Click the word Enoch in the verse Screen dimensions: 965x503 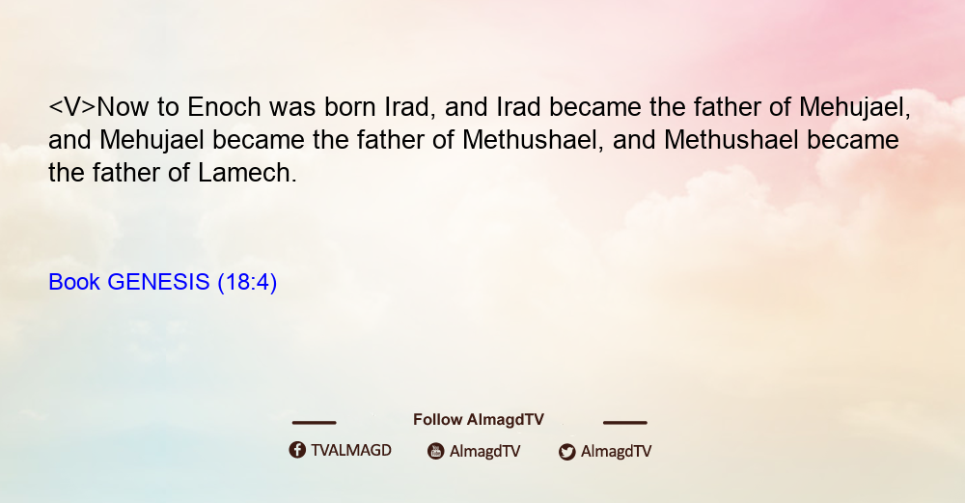pyautogui.click(x=224, y=107)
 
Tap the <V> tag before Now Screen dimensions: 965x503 pyautogui.click(x=72, y=107)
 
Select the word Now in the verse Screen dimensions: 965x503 pyautogui.click(x=123, y=107)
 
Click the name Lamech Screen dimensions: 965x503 pyautogui.click(x=247, y=173)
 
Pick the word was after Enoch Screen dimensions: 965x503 pyautogui.click(x=292, y=107)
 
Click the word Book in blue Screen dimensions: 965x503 pyautogui.click(x=74, y=282)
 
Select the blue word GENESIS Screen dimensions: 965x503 pyautogui.click(x=158, y=282)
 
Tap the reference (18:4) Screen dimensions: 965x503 pyautogui.click(x=247, y=282)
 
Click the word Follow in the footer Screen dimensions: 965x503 pyautogui.click(x=437, y=420)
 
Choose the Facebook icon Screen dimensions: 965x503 pyautogui.click(x=297, y=450)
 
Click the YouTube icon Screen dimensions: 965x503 pyautogui.click(x=436, y=451)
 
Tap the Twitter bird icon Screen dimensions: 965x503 pyautogui.click(x=566, y=452)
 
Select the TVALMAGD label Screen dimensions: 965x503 pyautogui.click(x=351, y=451)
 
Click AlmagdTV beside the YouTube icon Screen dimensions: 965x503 pyautogui.click(x=485, y=451)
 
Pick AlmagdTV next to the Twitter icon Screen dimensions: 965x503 pyautogui.click(x=616, y=451)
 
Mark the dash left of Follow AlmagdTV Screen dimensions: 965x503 pyautogui.click(x=314, y=423)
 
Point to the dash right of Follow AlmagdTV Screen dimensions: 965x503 pyautogui.click(x=625, y=423)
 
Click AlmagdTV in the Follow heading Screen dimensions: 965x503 pyautogui.click(x=506, y=420)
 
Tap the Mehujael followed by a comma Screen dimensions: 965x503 pyautogui.click(x=855, y=107)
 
